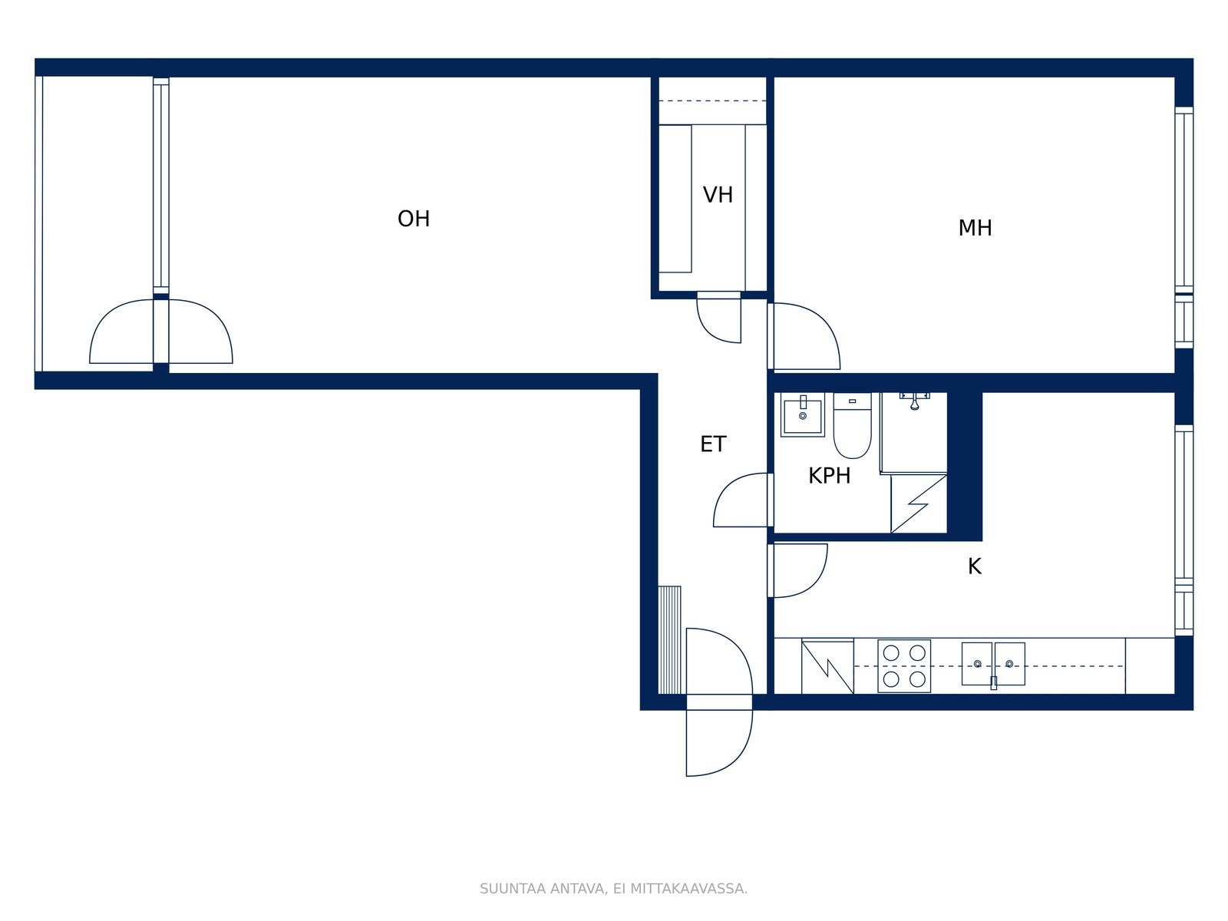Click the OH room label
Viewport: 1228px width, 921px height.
point(414,219)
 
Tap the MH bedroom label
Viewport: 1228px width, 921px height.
point(975,228)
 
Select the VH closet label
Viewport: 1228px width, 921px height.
point(718,195)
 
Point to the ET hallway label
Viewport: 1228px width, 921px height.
point(713,444)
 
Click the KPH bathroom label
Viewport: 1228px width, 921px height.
point(829,476)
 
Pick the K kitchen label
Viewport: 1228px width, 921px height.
point(975,566)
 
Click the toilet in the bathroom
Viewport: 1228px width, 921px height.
point(852,425)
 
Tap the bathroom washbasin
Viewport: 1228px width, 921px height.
point(803,414)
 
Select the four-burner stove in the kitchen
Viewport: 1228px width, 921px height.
point(904,666)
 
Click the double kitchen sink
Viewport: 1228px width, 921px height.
point(993,665)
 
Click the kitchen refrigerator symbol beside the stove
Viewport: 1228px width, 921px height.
point(827,666)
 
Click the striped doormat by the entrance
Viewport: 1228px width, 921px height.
point(670,640)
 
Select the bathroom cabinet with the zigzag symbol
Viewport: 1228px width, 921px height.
point(919,503)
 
